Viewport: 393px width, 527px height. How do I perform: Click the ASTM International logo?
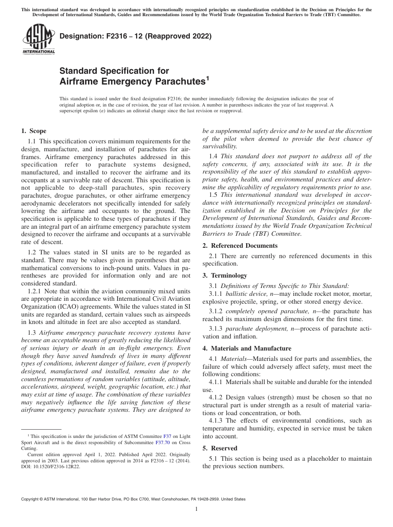coord(38,40)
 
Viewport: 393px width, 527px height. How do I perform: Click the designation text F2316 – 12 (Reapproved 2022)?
coord(136,36)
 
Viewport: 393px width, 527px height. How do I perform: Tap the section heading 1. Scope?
coord(34,131)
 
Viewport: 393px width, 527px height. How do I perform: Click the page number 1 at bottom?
coord(196,509)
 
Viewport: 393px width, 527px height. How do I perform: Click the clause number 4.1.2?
coord(216,397)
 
